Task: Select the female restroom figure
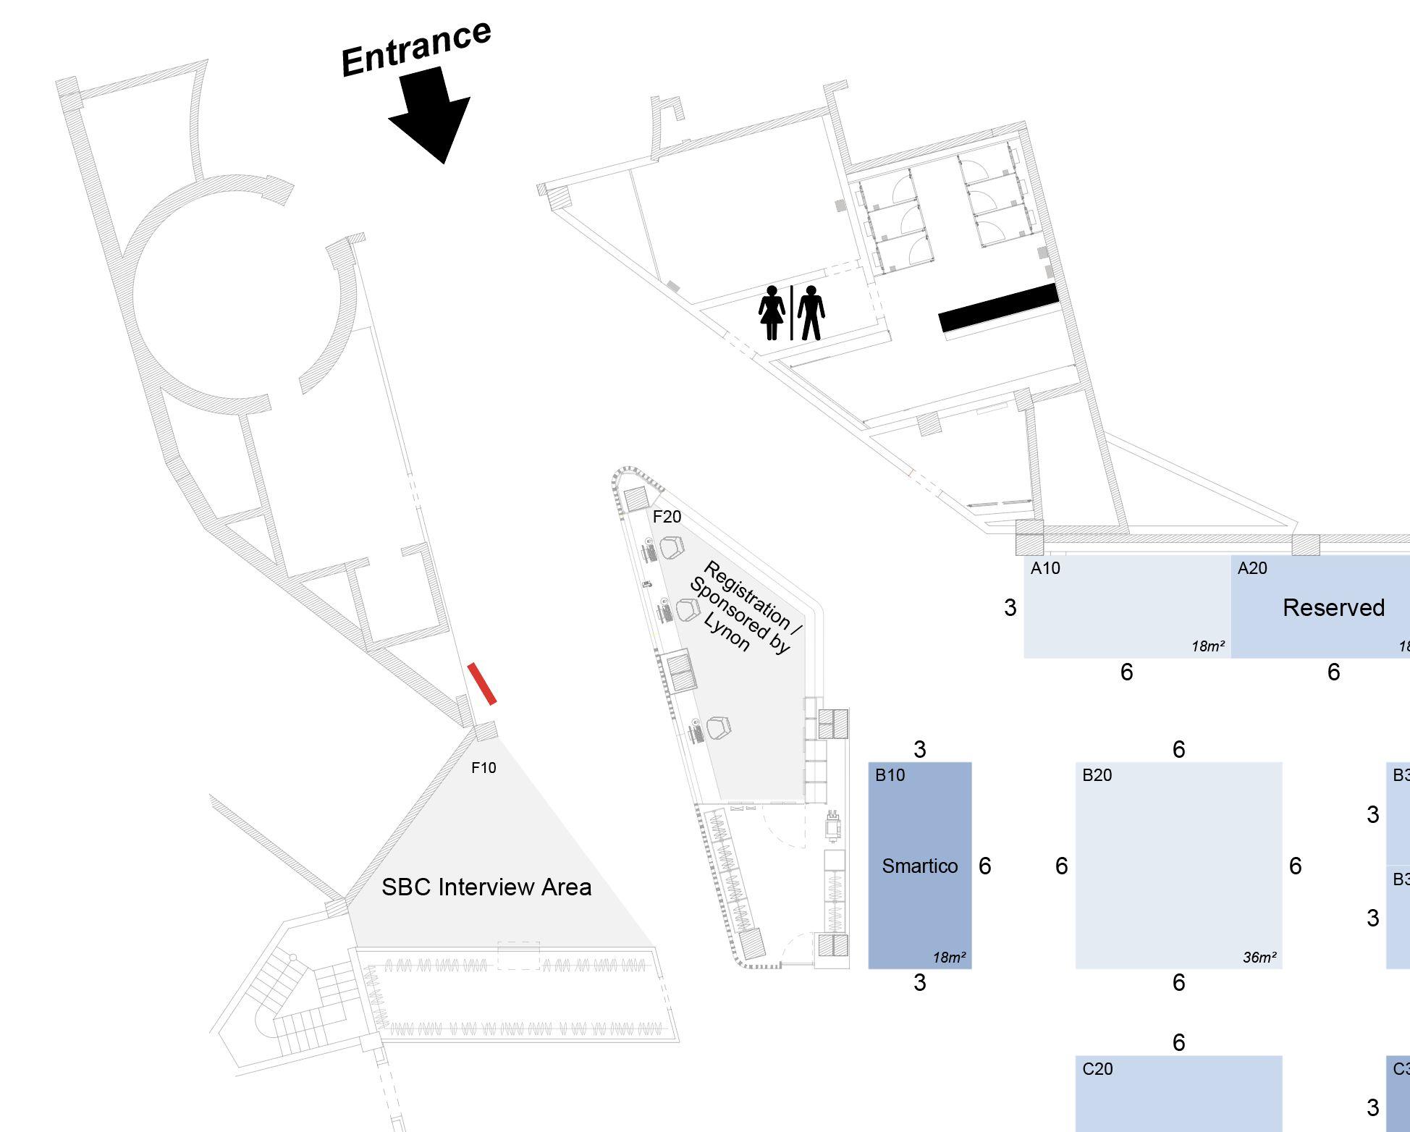pos(772,313)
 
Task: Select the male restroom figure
pos(811,313)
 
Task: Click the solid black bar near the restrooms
pos(998,308)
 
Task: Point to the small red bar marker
pos(481,683)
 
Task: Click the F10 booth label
pos(484,768)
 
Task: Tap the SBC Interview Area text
pos(486,887)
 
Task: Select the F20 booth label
pos(667,517)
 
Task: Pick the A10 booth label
pos(1045,568)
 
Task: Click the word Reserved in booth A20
pos(1333,608)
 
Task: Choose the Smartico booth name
pos(919,866)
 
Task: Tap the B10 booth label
pos(890,775)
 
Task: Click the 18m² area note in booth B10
pos(949,958)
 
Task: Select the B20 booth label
pos(1097,775)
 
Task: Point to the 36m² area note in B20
pos(1259,958)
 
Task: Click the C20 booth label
pos(1097,1069)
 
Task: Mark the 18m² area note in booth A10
pos(1208,646)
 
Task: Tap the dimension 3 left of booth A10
pos(1010,608)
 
